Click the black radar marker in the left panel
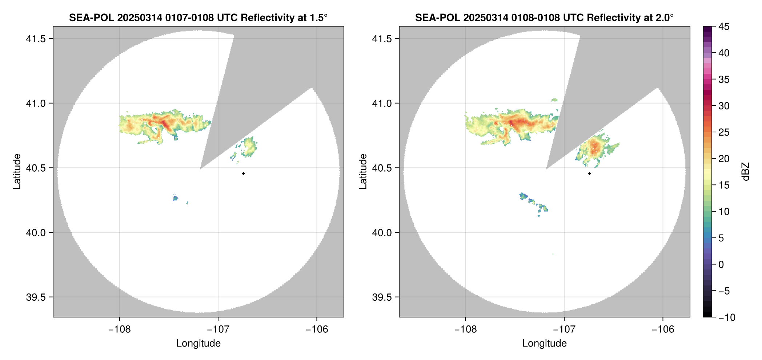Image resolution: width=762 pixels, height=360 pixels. point(243,173)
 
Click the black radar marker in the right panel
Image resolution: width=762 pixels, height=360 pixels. point(589,173)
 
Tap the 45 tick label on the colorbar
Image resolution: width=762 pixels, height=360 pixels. point(723,27)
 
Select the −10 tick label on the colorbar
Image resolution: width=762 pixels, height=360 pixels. point(726,317)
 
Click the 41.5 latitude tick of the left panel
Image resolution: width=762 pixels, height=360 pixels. point(36,39)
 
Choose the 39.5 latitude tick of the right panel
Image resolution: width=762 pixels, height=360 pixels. point(382,297)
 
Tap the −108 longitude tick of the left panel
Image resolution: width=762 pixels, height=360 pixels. point(119,329)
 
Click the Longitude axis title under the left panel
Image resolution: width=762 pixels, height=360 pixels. point(198,343)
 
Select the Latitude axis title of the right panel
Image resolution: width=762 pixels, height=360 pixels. point(363,172)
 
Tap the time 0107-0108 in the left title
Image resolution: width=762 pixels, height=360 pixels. point(189,17)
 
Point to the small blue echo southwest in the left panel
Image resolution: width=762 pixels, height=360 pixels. point(176,198)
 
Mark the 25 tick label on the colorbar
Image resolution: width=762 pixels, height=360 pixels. point(723,132)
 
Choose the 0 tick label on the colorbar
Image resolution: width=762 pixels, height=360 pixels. point(721,265)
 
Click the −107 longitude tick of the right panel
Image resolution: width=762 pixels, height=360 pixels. point(564,329)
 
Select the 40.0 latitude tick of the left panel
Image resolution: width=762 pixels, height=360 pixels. point(36,233)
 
